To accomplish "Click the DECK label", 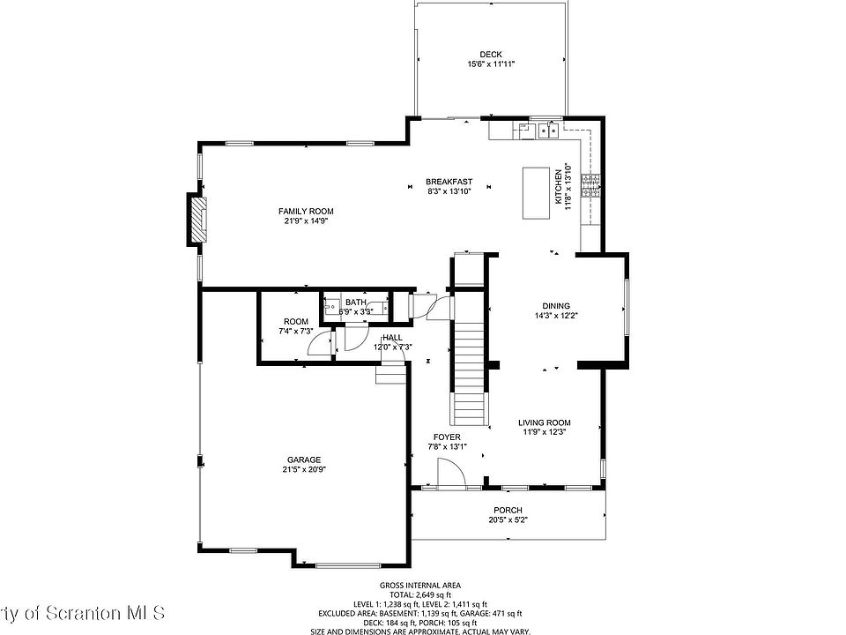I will [x=491, y=55].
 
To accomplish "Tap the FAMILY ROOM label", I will [x=306, y=211].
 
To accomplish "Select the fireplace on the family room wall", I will [x=199, y=220].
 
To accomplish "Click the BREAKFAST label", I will [x=449, y=182].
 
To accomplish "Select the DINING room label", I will [x=555, y=306].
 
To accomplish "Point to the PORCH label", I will [x=508, y=511].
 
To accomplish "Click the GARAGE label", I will [x=303, y=459].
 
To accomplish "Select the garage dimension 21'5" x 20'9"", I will [x=303, y=470].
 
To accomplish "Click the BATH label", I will [x=356, y=303].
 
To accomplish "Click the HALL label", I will [x=392, y=337].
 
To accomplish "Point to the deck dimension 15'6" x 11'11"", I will [x=491, y=64].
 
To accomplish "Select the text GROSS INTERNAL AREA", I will [x=420, y=586].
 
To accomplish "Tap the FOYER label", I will [x=447, y=437].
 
